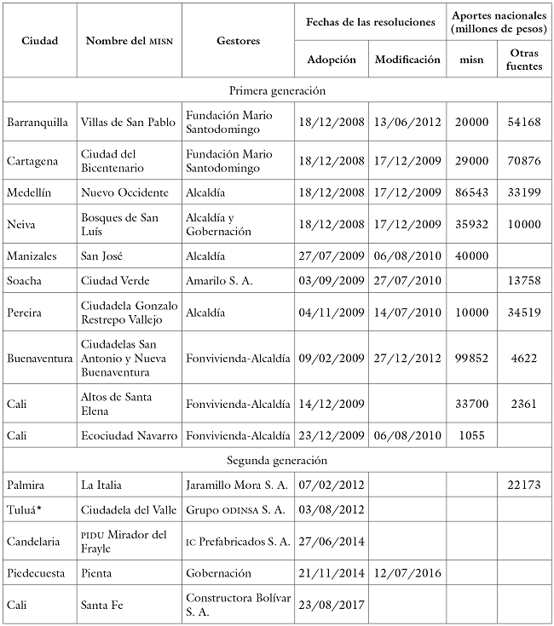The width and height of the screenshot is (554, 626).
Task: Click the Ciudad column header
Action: point(39,41)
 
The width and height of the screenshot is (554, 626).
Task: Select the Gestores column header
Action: point(239,41)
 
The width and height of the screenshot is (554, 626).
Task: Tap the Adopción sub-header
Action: point(332,60)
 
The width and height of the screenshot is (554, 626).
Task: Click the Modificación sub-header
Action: point(407,60)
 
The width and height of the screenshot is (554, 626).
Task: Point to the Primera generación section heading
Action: point(277,89)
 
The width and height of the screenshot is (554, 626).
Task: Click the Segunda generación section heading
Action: point(277,460)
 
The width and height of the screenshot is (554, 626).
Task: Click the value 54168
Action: point(523,122)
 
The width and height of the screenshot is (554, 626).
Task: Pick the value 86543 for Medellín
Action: point(471,193)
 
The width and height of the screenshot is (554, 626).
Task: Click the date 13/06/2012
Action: point(407,122)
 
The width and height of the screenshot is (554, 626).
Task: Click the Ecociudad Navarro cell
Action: point(129,435)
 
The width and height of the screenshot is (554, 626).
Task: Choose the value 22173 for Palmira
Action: point(523,485)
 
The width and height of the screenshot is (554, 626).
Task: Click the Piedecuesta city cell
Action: point(36,575)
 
